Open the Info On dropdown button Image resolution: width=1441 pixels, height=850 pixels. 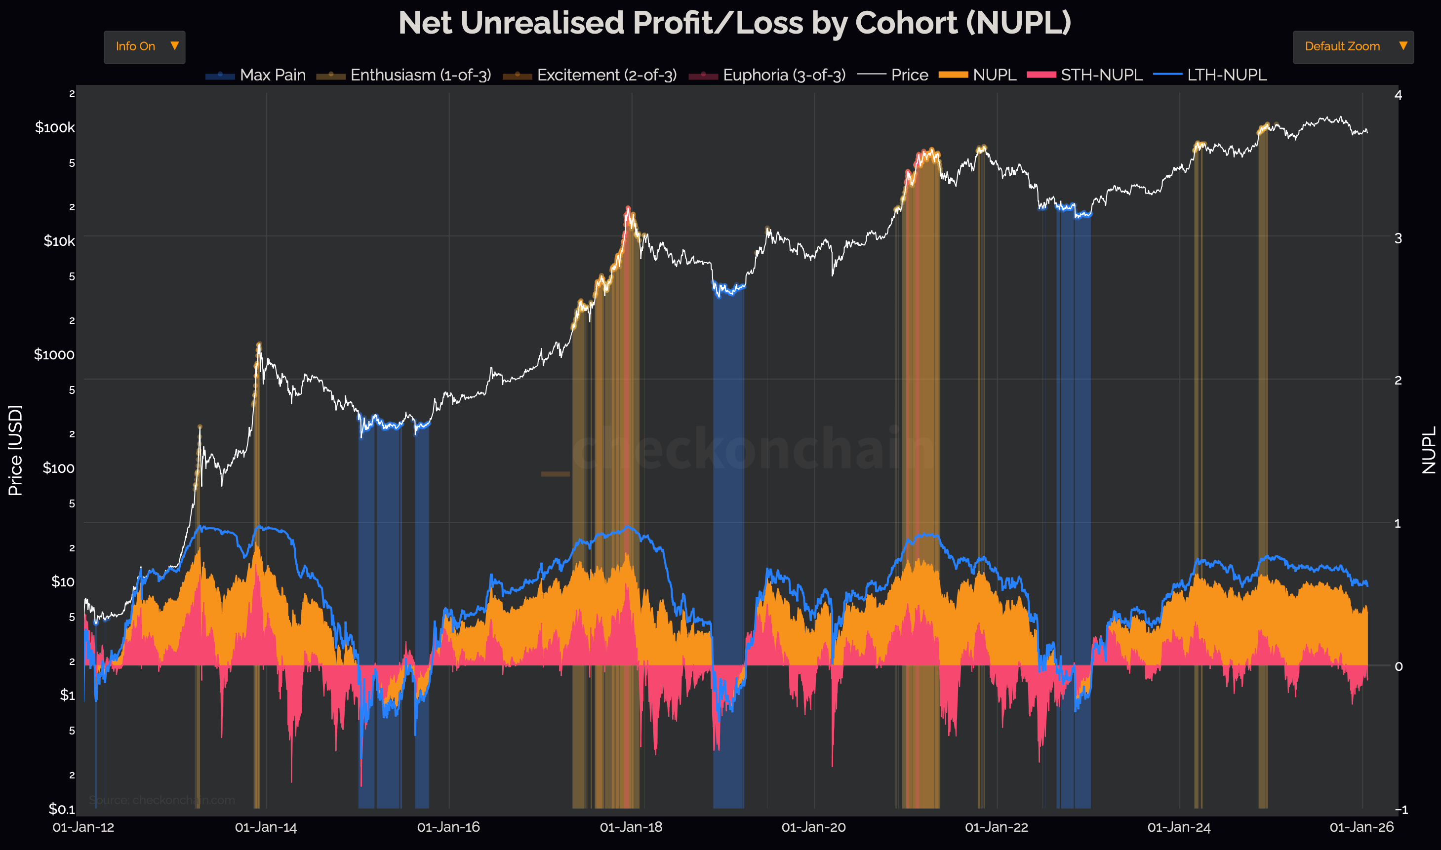[x=144, y=46]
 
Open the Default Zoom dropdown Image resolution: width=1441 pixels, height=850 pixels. [x=1352, y=46]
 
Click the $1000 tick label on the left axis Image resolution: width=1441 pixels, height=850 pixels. [x=54, y=354]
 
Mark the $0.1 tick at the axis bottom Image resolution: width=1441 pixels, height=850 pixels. [x=61, y=809]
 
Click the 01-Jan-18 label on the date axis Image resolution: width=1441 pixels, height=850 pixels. [x=631, y=827]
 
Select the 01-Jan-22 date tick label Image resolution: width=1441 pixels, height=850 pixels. [x=997, y=827]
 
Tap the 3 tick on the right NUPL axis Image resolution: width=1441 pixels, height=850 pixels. [x=1398, y=238]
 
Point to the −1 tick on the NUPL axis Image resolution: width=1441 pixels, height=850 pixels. [x=1401, y=810]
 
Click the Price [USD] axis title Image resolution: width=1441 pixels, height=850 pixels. [x=15, y=450]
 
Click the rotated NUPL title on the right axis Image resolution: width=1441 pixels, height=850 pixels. [x=1429, y=450]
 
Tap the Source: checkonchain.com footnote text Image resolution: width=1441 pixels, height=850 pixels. [x=162, y=800]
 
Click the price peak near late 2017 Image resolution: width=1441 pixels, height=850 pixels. [x=628, y=208]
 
